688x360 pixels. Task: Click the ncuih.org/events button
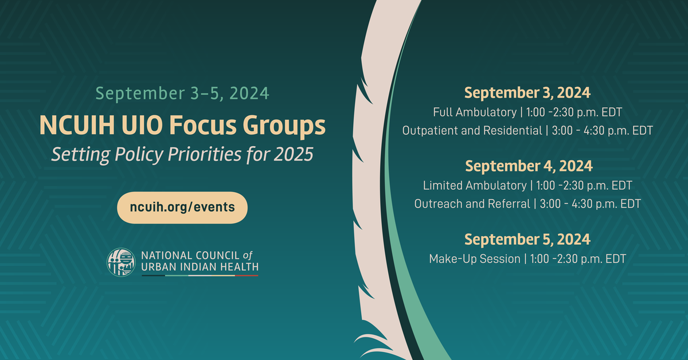tap(182, 208)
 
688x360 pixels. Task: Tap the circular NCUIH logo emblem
tap(121, 263)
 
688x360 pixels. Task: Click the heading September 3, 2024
tap(527, 92)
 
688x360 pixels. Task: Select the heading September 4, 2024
tap(529, 166)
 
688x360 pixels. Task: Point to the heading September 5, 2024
tap(527, 239)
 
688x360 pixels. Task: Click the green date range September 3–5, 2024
tap(182, 93)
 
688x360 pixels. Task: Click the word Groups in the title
tap(284, 126)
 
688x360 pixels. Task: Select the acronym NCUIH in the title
tap(77, 125)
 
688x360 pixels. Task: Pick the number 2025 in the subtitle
tap(294, 154)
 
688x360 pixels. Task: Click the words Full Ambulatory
tap(475, 112)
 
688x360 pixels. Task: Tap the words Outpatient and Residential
tap(472, 131)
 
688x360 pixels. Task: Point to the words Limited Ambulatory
tap(475, 186)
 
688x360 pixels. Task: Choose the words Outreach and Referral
tap(472, 204)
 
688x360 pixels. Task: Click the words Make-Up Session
tap(475, 259)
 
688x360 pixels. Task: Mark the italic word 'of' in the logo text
tap(248, 255)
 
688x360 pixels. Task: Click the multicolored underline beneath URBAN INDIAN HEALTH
tap(200, 276)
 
